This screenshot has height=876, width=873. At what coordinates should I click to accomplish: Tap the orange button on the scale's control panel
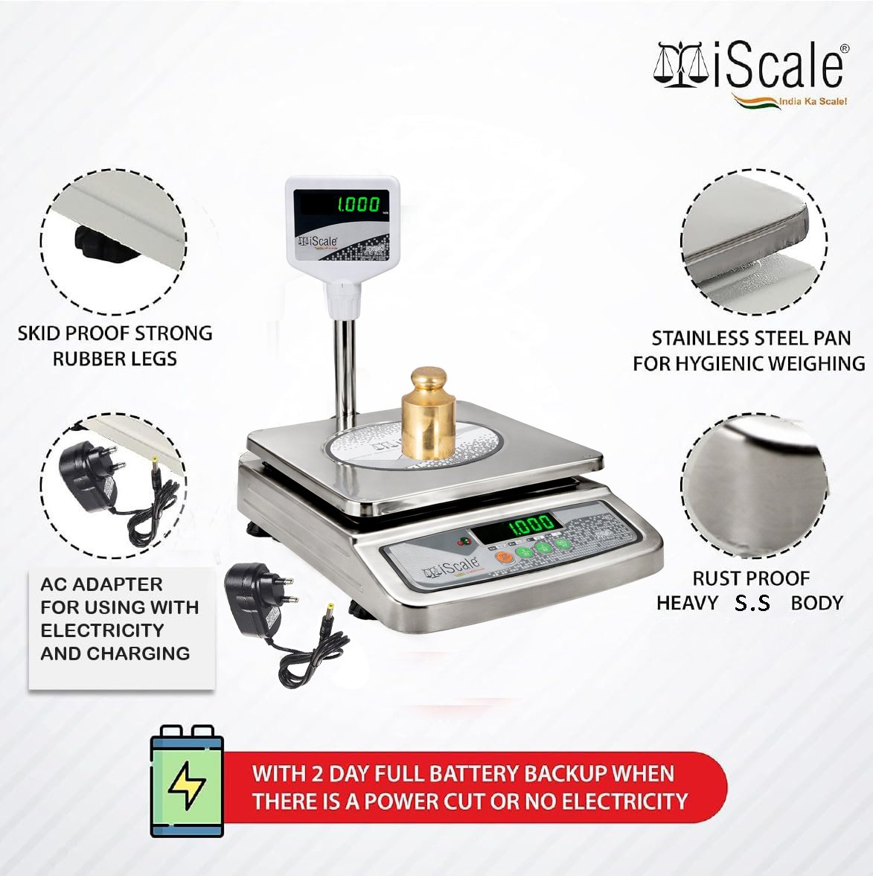[x=505, y=557]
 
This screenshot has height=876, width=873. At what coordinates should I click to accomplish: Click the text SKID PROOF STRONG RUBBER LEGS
[x=115, y=346]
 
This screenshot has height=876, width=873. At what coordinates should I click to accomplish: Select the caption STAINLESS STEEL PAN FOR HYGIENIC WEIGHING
[x=749, y=351]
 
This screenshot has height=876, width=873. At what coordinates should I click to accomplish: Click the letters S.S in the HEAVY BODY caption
[x=752, y=603]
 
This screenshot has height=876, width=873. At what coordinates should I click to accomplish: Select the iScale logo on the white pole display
[x=317, y=241]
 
